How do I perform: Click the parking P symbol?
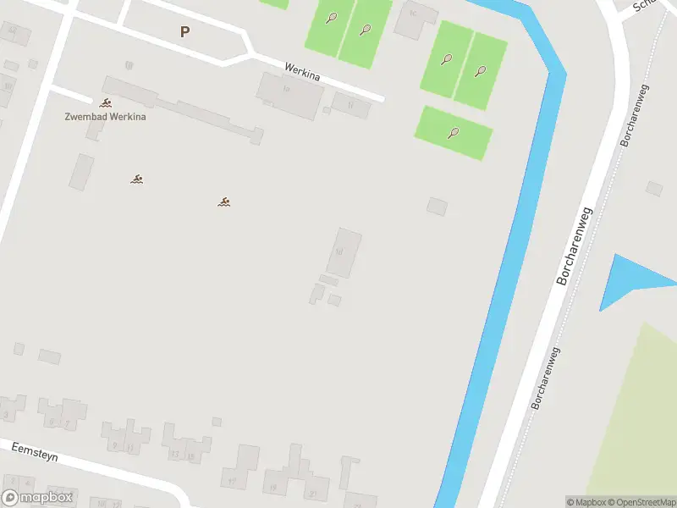(184, 32)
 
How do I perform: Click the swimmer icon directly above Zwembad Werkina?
(106, 103)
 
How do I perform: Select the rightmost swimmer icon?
(224, 202)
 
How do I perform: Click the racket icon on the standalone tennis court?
(454, 132)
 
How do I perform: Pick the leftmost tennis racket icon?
(332, 17)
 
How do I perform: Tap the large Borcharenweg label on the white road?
(575, 244)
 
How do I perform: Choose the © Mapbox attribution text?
(586, 502)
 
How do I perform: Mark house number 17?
(231, 483)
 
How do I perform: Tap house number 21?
(312, 494)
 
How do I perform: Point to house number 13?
(174, 455)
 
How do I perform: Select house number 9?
(114, 445)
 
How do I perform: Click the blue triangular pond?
(630, 278)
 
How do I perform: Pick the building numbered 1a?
(286, 89)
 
